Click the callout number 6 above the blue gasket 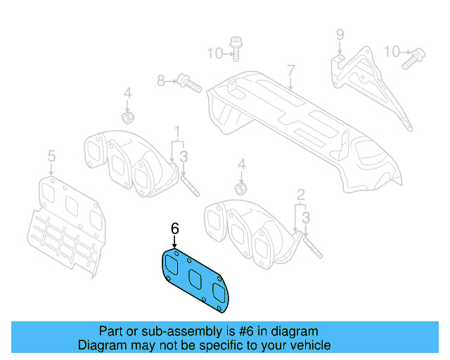(174, 229)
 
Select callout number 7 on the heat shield (289, 70)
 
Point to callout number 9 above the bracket (339, 34)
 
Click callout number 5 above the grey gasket (51, 155)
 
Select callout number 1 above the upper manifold (178, 131)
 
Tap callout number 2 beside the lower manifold (300, 194)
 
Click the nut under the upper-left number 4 (129, 115)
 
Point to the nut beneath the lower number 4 (240, 188)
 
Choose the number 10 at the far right (392, 51)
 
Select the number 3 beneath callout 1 (183, 156)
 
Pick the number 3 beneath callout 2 (306, 220)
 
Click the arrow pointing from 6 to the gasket (174, 241)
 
